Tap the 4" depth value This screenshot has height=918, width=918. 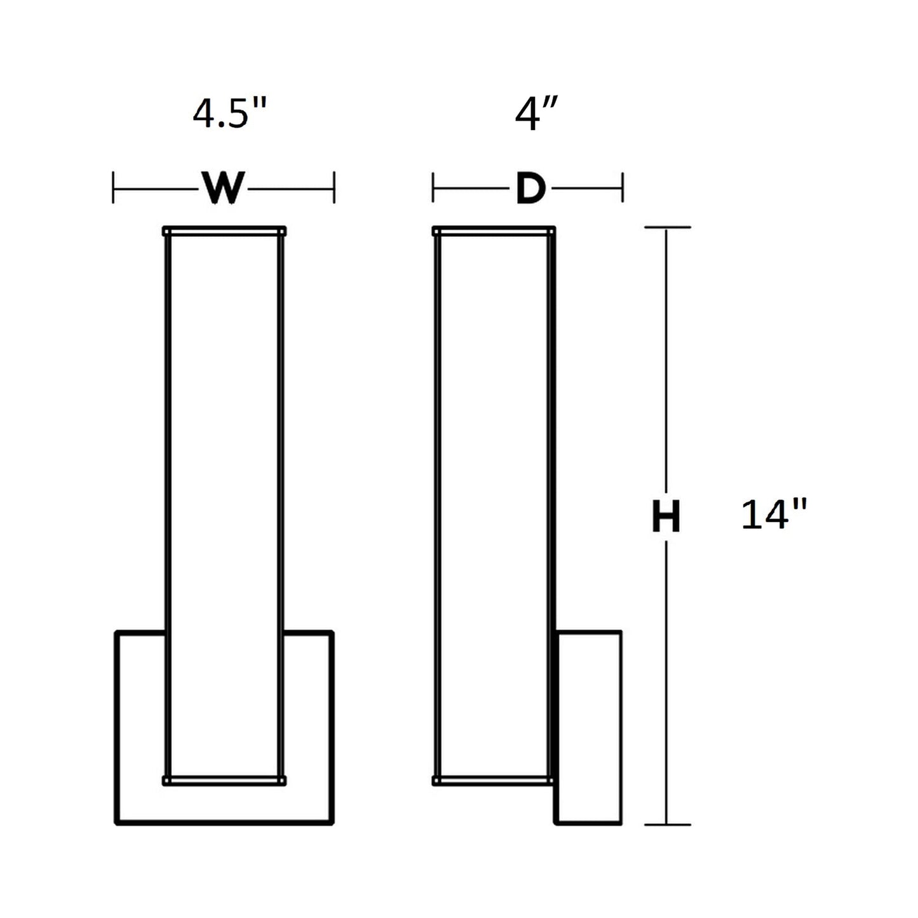536,115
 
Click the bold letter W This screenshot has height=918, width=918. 223,188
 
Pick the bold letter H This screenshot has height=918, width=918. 666,517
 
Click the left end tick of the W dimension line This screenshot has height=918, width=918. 114,188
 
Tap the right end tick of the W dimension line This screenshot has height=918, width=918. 334,188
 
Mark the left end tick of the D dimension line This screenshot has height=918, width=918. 433,188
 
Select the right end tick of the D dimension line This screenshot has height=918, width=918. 623,188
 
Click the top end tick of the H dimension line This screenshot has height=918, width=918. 666,227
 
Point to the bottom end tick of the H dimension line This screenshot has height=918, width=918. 666,825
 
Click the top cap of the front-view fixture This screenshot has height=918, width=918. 224,231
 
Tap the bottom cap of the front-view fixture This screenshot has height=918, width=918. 224,781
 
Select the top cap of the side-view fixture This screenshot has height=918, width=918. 494,231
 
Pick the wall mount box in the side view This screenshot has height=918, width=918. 589,727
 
